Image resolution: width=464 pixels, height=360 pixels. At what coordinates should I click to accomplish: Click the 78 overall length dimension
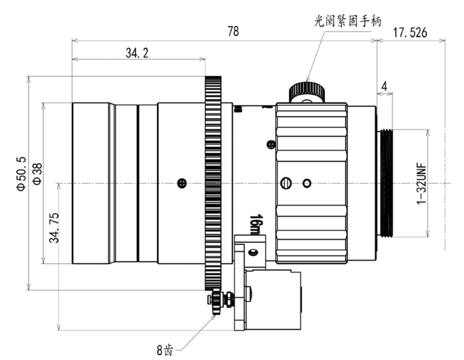(233, 32)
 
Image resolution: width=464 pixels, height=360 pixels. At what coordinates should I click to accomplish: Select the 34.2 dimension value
(137, 53)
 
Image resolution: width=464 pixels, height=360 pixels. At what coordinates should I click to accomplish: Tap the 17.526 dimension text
(410, 33)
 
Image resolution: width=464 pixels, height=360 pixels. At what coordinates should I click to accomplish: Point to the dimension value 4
(384, 86)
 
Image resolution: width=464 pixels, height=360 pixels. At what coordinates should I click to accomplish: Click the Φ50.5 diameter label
(21, 174)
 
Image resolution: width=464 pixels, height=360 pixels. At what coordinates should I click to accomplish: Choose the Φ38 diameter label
(38, 174)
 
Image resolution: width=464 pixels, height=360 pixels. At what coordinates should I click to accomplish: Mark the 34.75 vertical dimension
(54, 227)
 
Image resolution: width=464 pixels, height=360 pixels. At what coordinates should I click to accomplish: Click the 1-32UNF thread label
(422, 184)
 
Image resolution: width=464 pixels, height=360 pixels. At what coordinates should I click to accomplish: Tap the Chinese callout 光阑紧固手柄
(347, 21)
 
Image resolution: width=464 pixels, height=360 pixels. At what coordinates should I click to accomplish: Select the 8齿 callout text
(165, 350)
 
